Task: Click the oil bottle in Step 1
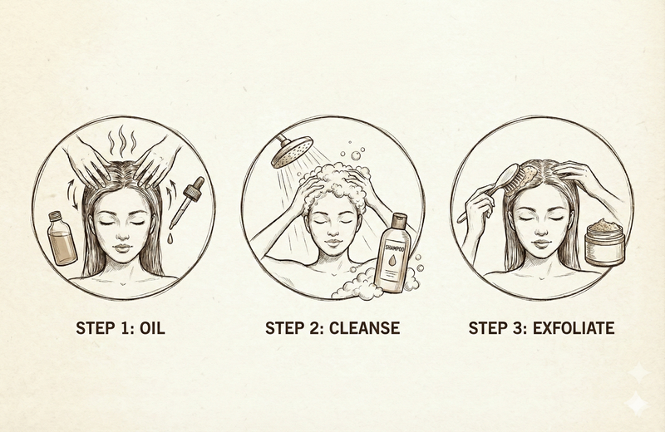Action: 62,238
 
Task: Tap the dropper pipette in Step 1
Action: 187,202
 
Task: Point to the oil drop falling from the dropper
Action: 170,238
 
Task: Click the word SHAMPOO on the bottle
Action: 392,248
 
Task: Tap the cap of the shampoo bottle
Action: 399,220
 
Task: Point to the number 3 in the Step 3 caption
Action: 519,328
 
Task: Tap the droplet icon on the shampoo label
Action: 392,260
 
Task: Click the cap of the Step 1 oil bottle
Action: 55,216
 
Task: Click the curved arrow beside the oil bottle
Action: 72,194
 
